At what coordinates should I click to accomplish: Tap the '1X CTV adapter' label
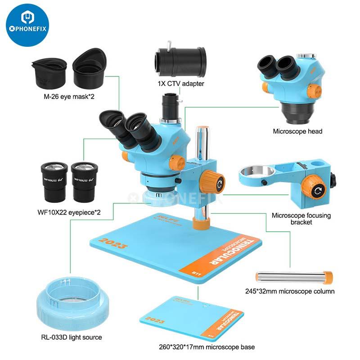[x=181, y=83]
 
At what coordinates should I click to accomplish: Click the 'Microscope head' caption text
[x=297, y=131]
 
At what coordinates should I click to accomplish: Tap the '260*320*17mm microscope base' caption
[x=207, y=347]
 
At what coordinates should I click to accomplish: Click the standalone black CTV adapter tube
[x=181, y=60]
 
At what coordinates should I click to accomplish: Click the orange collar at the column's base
[x=201, y=223]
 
